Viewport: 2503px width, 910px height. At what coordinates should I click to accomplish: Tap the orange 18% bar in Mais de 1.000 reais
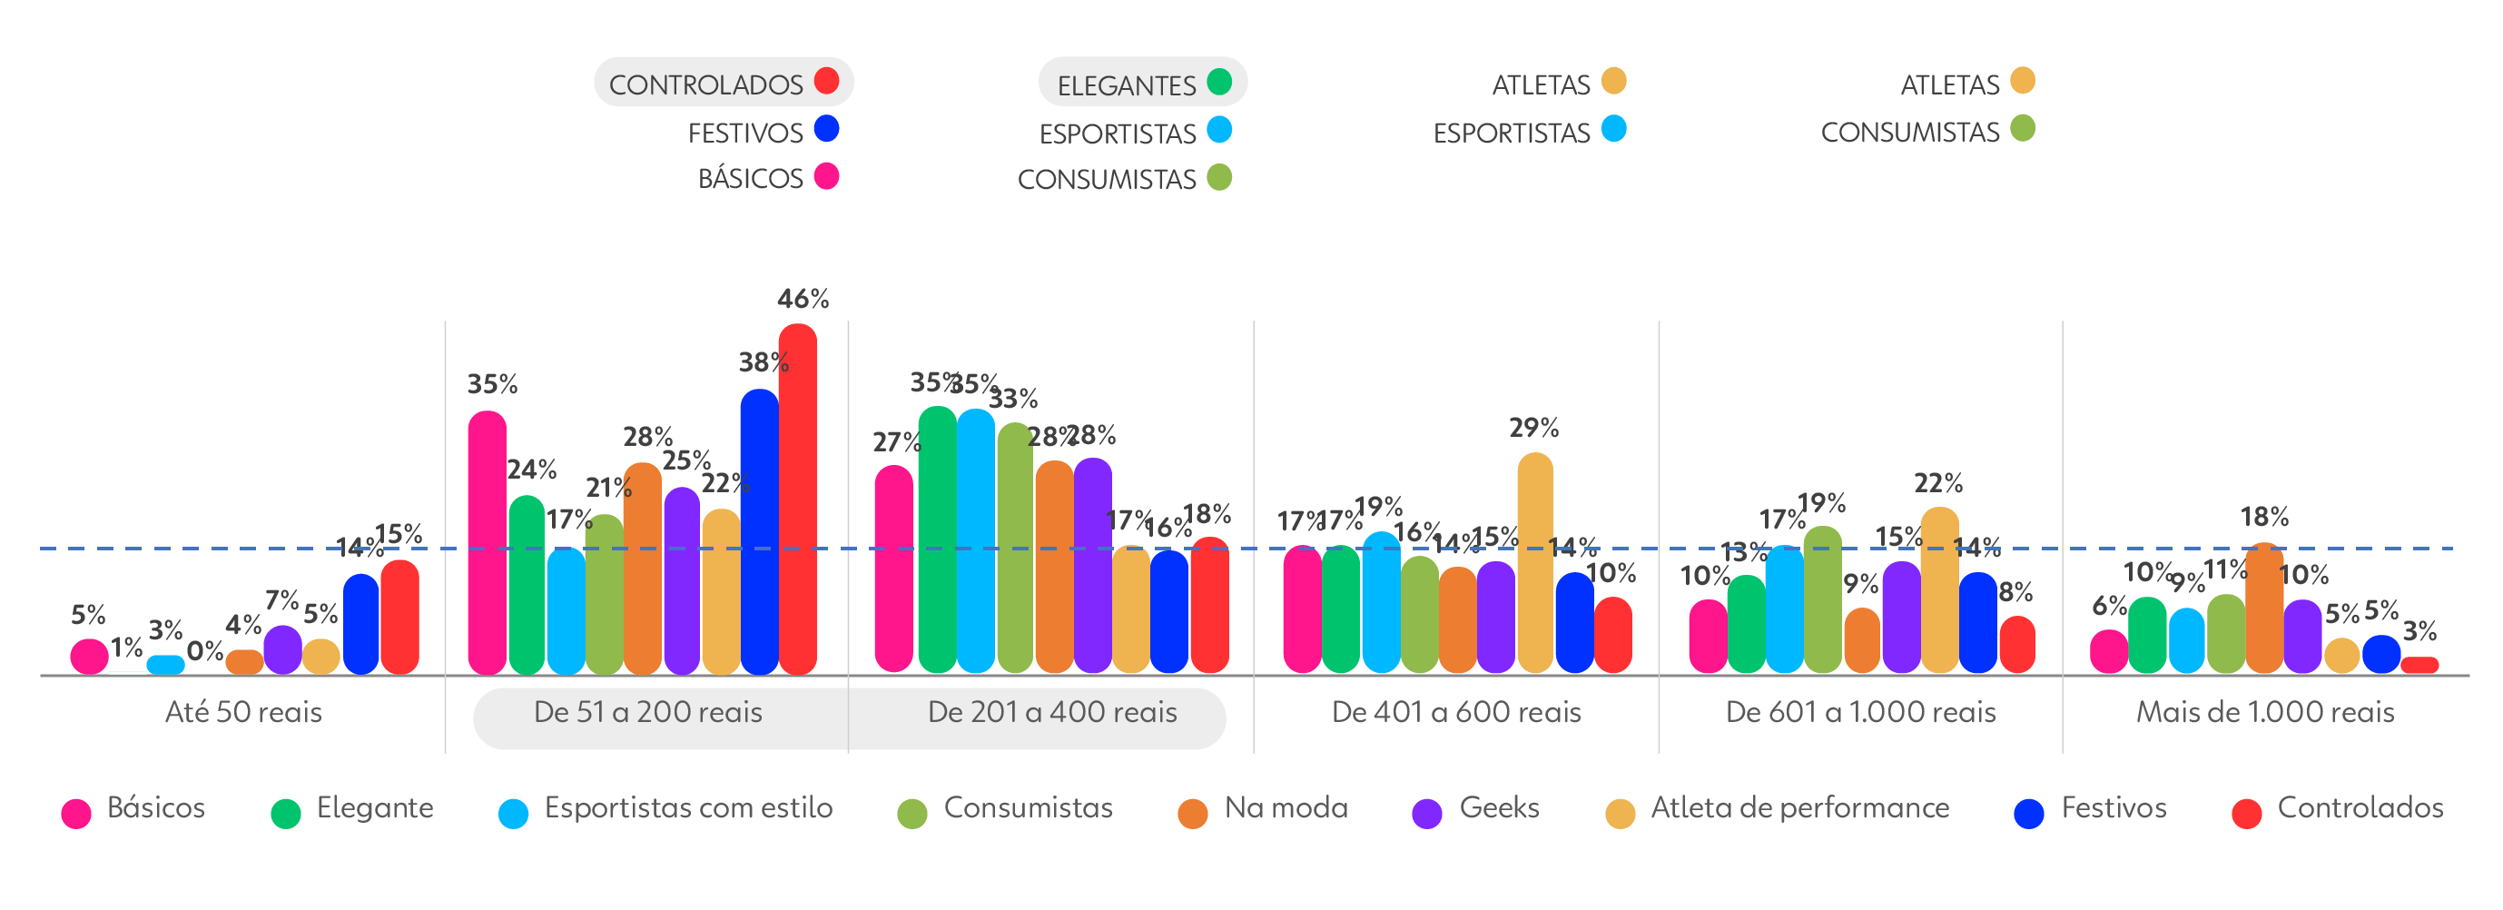[2265, 608]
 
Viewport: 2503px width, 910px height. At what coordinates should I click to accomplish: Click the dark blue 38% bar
[760, 532]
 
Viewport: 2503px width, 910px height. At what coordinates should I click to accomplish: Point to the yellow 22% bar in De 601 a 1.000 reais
[1939, 589]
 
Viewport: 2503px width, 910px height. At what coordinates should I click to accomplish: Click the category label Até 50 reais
[243, 713]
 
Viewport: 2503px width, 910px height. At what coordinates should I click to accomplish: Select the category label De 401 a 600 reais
[1455, 713]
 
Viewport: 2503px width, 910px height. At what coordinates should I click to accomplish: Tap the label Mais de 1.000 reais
[2264, 713]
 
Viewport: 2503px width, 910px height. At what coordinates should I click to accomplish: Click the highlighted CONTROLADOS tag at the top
[724, 83]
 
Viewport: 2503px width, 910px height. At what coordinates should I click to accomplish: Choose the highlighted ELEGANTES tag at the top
[1143, 84]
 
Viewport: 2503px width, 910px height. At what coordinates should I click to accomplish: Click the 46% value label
[803, 299]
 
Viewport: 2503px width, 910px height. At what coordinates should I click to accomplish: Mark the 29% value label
[1533, 428]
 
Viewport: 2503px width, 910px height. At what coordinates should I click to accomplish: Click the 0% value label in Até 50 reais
[205, 650]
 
